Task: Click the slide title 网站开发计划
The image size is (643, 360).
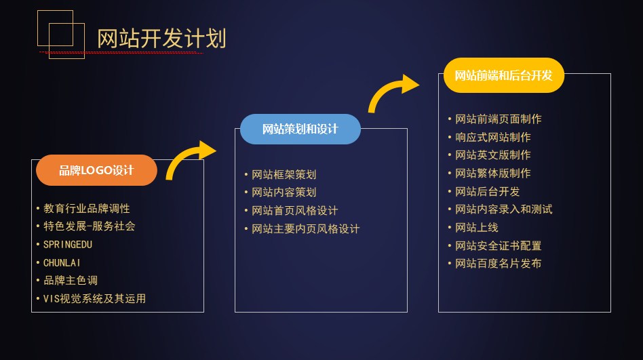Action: [161, 39]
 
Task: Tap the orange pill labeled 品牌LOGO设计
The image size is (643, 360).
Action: [96, 170]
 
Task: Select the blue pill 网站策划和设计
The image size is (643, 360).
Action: [300, 129]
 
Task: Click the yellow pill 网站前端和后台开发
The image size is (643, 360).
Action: [504, 75]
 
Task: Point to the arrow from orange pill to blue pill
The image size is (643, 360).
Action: [184, 155]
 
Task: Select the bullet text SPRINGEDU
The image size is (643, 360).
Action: [68, 245]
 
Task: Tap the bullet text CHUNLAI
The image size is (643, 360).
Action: [62, 263]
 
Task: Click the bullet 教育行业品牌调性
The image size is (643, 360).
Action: [87, 209]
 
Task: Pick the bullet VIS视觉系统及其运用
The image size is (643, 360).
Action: [95, 298]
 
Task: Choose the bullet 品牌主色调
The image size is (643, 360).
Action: [71, 281]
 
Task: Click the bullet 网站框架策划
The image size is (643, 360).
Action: [284, 175]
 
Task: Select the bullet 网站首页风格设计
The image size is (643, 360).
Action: [295, 211]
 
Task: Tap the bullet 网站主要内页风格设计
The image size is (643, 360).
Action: [305, 228]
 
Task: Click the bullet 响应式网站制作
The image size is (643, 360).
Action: [493, 138]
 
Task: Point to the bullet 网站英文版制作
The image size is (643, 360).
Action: [493, 155]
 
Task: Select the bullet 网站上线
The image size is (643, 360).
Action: [477, 228]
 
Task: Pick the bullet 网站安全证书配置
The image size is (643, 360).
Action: [499, 245]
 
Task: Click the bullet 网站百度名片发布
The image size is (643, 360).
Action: [499, 263]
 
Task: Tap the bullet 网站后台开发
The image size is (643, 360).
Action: [488, 191]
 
